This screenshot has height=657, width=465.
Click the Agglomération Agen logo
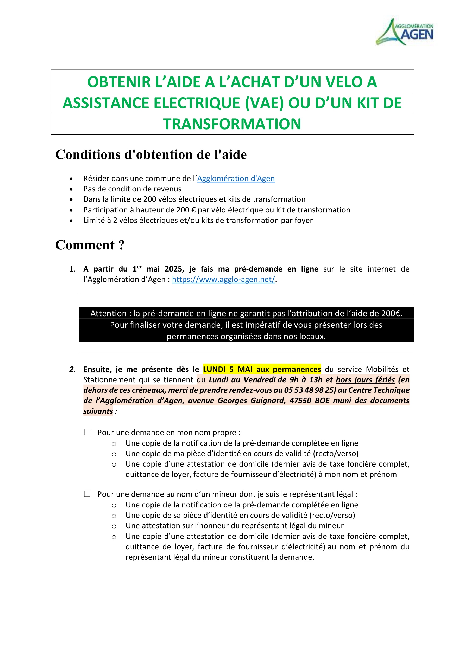click(404, 31)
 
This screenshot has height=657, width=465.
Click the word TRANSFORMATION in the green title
click(232, 124)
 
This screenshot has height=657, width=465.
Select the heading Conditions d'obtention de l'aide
click(151, 154)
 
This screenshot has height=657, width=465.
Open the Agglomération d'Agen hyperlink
click(236, 179)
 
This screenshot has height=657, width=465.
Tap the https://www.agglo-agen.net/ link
click(223, 279)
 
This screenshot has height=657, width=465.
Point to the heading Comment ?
click(90, 245)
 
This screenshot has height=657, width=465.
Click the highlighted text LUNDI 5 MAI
click(228, 369)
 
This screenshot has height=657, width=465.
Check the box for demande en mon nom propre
click(87, 432)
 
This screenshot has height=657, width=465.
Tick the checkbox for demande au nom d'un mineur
click(87, 494)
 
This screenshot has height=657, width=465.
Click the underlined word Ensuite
click(97, 369)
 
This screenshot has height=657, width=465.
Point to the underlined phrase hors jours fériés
click(365, 380)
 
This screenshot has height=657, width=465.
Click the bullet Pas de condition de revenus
click(132, 189)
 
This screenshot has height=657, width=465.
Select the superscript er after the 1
click(139, 267)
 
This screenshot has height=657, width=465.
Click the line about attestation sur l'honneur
click(234, 526)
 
